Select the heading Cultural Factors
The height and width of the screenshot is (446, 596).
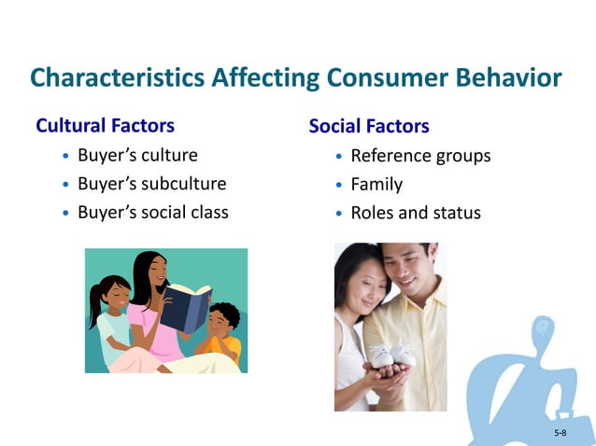[x=105, y=125]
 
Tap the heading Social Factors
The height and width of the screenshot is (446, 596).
[x=369, y=126]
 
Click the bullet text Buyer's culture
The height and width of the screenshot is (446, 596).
[x=137, y=155]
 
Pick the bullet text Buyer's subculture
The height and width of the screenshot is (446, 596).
[x=151, y=184]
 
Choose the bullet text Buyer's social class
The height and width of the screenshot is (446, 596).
[x=152, y=212]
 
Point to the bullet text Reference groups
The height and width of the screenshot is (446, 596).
[x=419, y=156]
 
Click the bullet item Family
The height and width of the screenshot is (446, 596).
[x=376, y=184]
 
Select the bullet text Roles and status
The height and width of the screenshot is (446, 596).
[x=415, y=213]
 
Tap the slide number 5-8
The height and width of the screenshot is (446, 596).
[x=560, y=433]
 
